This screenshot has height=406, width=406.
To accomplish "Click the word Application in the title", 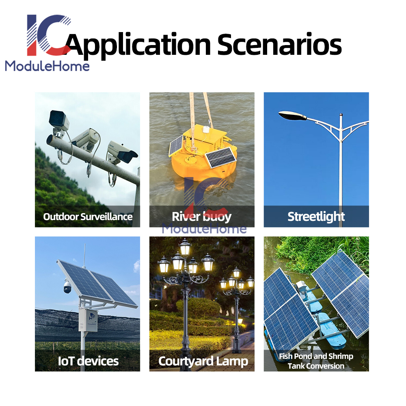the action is (x=138, y=45).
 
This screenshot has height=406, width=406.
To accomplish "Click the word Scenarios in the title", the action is (x=279, y=44).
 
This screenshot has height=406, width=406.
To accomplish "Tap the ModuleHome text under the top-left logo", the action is (x=48, y=66).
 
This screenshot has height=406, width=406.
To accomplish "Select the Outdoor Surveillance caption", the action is (x=88, y=217).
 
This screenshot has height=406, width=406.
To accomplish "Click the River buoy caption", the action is (x=202, y=217).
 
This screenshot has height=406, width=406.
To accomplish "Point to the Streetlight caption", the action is (x=316, y=217).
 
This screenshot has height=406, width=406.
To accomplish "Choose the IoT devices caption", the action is (x=88, y=361).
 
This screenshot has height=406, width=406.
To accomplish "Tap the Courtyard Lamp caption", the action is (x=203, y=361).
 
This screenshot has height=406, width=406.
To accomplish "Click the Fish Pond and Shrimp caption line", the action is (x=316, y=356).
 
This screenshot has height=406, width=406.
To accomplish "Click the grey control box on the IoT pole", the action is (x=88, y=320).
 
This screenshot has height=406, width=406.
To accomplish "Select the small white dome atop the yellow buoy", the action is (x=206, y=130).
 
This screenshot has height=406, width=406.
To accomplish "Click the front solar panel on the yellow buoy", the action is (x=220, y=158).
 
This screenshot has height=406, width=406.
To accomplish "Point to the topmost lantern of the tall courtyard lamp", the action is (x=185, y=247).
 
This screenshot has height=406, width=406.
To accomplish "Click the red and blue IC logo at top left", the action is (x=49, y=35).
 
